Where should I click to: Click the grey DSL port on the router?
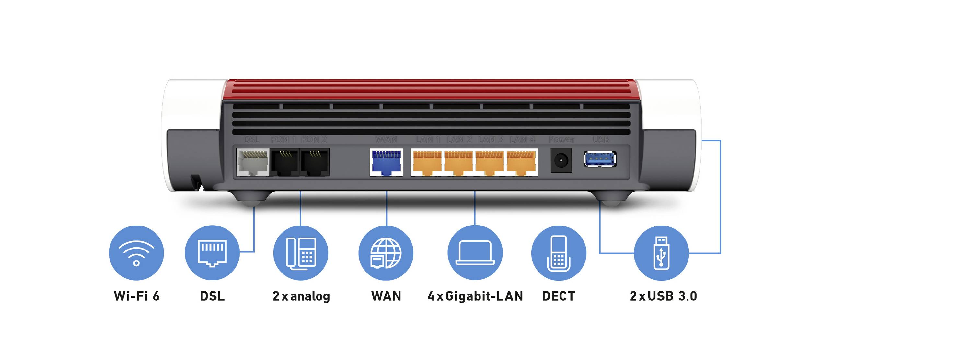tap(252, 162)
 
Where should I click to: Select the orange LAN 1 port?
tap(427, 163)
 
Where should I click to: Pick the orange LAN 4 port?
tap(521, 163)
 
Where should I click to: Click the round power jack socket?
tap(561, 161)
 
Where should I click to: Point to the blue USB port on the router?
tap(600, 159)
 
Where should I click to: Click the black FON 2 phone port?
tap(315, 162)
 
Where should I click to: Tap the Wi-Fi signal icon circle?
tap(136, 253)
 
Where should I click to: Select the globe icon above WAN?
tap(386, 253)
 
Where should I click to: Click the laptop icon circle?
tap(475, 253)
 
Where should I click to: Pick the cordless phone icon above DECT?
tap(559, 253)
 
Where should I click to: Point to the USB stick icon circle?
tap(661, 253)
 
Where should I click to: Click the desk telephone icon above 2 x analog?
tap(301, 253)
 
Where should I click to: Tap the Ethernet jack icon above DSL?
tap(212, 253)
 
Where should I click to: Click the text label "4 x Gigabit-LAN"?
tap(475, 296)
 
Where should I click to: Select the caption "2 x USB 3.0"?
tap(663, 296)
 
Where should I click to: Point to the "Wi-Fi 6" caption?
tap(137, 296)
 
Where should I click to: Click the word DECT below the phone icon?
tap(559, 296)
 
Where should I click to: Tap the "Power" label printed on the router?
tap(561, 140)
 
